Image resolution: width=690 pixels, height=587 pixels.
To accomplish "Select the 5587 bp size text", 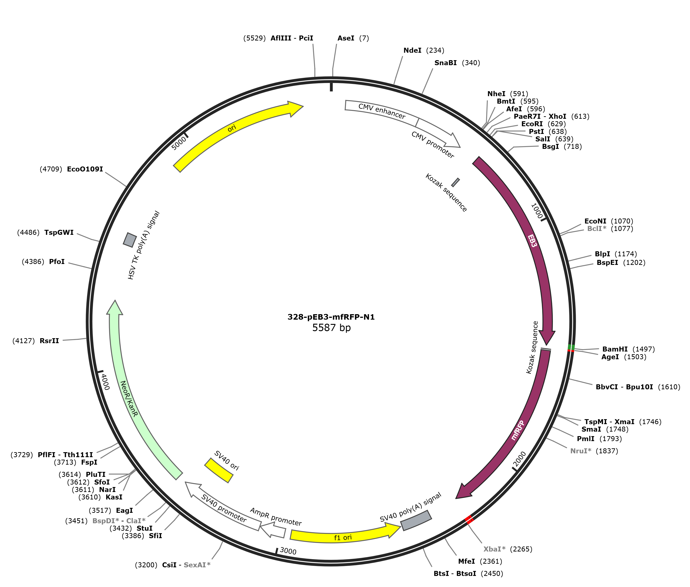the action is point(331,328).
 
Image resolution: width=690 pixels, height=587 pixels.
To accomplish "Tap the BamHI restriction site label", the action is point(615,349).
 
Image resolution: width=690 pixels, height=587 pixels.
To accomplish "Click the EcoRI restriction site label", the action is point(532,124).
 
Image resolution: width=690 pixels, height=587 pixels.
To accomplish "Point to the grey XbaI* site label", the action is point(494,549).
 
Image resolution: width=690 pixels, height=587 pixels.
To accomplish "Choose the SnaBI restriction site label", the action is point(445,63).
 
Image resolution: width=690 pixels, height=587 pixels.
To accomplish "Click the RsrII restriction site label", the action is point(49,341).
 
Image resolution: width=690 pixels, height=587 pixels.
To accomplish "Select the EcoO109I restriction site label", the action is point(85,169).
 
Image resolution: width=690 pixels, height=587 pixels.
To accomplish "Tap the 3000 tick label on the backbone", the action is point(288,551).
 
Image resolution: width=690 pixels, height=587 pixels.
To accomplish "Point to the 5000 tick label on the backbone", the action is point(179,143).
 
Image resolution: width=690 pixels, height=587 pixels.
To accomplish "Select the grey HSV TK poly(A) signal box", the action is point(130,240).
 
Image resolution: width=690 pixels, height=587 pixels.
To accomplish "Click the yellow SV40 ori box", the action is point(219,470).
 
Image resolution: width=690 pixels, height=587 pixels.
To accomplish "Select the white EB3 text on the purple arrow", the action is point(532,241).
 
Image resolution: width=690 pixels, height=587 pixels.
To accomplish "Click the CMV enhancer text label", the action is point(382,111).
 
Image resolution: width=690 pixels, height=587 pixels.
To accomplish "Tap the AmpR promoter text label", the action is point(276,516).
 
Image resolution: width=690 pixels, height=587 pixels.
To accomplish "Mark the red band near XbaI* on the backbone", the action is point(469,519).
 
